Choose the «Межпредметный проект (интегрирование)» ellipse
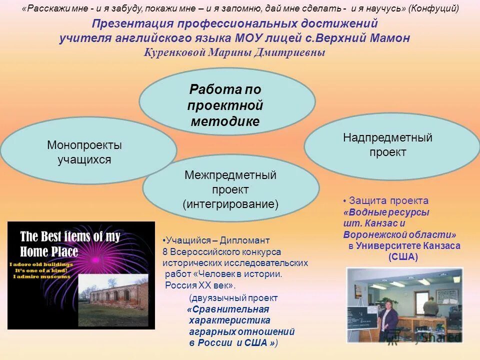tap(230, 188)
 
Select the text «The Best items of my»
tap(70, 236)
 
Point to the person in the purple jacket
tap(388, 322)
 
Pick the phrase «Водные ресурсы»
tap(387, 212)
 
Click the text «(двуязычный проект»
tap(233, 298)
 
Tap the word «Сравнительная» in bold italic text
tap(230, 309)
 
